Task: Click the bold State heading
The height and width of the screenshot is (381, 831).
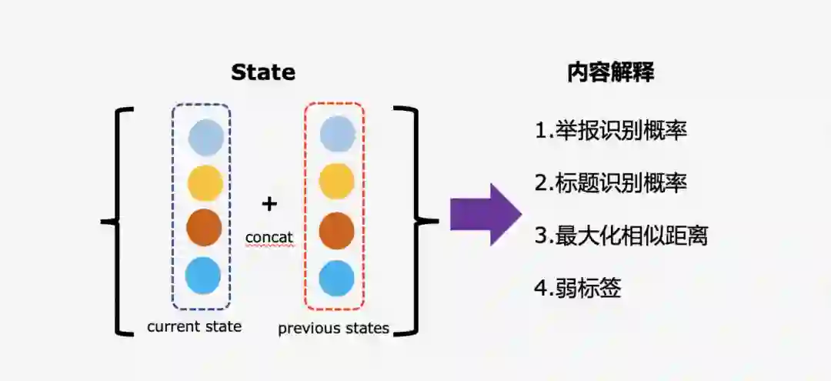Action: [x=263, y=72]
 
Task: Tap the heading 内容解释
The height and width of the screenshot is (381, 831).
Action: [x=611, y=72]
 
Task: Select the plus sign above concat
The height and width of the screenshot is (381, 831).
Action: [x=269, y=203]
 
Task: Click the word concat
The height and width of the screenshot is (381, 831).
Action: [x=269, y=237]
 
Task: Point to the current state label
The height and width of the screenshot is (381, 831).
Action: [x=194, y=326]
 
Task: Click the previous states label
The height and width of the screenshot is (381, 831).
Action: [x=333, y=329]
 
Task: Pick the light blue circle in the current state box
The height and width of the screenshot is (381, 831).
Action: [x=205, y=138]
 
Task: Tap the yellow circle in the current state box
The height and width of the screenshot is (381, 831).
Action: [x=205, y=183]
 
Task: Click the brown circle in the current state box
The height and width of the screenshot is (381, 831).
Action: [x=204, y=228]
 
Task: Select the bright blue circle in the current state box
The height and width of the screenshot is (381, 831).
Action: [x=203, y=275]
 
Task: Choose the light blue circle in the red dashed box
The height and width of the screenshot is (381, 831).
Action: [x=337, y=134]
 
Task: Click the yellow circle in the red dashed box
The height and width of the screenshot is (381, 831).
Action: [x=336, y=182]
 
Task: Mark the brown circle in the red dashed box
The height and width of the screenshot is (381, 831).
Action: [x=336, y=230]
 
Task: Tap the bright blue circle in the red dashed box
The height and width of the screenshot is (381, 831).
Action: [x=336, y=278]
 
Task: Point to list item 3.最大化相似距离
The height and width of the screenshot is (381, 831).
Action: [x=620, y=236]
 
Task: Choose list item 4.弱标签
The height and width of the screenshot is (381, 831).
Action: [x=577, y=289]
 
